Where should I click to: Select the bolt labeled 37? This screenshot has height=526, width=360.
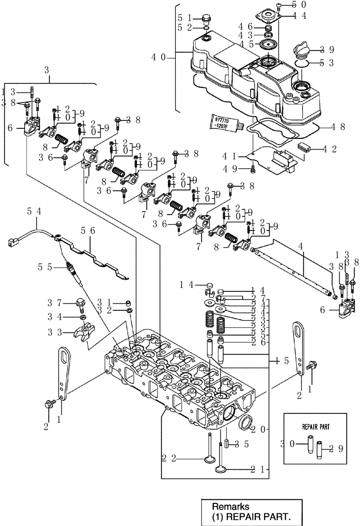81,304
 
